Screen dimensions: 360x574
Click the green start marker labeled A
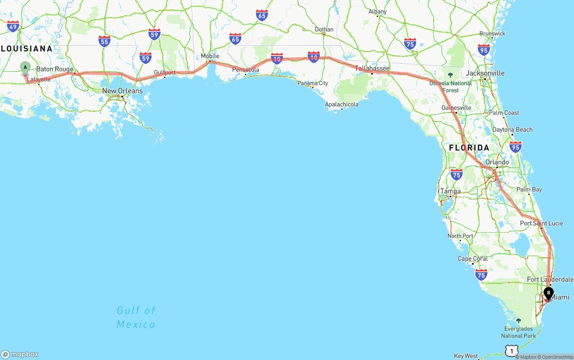pyautogui.click(x=25, y=68)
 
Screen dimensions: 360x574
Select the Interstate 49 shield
pyautogui.click(x=13, y=26)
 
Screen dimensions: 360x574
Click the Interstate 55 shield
pyautogui.click(x=104, y=42)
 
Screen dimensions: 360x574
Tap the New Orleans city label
pyautogui.click(x=122, y=91)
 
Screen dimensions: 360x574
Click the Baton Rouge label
pyautogui.click(x=55, y=69)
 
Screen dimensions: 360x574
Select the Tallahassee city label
pyautogui.click(x=372, y=68)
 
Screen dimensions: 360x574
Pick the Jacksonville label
pyautogui.click(x=485, y=73)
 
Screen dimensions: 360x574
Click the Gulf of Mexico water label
pyautogui.click(x=136, y=317)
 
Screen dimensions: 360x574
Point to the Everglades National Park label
pyautogui.click(x=518, y=332)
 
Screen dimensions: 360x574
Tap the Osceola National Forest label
pyautogui.click(x=451, y=87)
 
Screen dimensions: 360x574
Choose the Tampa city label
pyautogui.click(x=450, y=191)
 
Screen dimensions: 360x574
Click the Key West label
pyautogui.click(x=466, y=356)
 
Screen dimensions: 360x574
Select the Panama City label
pyautogui.click(x=313, y=83)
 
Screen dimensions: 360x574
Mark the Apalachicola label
pyautogui.click(x=342, y=104)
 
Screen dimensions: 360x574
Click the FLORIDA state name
pyautogui.click(x=469, y=147)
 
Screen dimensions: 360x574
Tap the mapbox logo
pyautogui.click(x=20, y=354)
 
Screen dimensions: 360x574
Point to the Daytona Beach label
pyautogui.click(x=512, y=130)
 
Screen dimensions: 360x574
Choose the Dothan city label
pyautogui.click(x=324, y=30)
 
